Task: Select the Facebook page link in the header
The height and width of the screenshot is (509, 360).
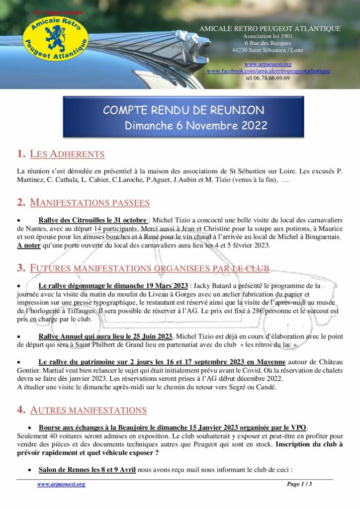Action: click(x=269, y=71)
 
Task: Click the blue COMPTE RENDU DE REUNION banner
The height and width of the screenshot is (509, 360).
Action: click(x=183, y=117)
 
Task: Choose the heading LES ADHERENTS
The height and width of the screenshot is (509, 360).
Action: click(x=67, y=154)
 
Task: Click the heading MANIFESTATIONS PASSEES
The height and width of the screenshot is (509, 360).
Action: click(x=90, y=202)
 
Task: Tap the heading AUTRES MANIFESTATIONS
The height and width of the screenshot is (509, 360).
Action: click(x=88, y=410)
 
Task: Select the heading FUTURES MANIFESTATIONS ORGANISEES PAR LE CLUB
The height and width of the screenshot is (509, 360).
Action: click(x=150, y=268)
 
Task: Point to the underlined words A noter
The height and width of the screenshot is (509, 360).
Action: click(x=27, y=245)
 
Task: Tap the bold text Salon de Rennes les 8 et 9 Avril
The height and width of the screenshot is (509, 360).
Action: click(x=87, y=470)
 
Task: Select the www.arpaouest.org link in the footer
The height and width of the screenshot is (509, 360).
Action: click(x=61, y=484)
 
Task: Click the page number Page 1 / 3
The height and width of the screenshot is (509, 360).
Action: click(x=299, y=484)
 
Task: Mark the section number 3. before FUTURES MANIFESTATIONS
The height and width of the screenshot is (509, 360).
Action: click(x=21, y=268)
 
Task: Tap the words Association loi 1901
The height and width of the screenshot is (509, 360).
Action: click(x=268, y=36)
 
